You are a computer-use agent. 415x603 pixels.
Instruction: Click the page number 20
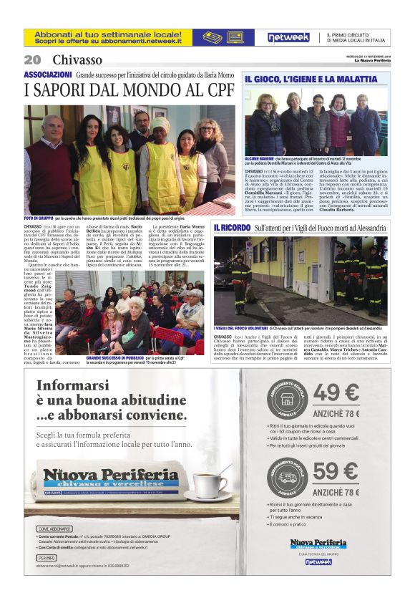coord(32,59)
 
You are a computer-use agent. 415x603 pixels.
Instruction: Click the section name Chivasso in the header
coord(77,59)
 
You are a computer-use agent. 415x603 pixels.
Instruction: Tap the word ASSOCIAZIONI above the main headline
coord(47,74)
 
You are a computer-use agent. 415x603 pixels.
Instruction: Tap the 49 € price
coord(336,394)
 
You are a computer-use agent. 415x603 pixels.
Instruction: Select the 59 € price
coord(336,471)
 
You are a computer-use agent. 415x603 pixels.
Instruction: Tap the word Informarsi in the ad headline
coord(69,386)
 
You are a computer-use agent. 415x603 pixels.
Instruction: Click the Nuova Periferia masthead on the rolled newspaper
coord(109,478)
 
